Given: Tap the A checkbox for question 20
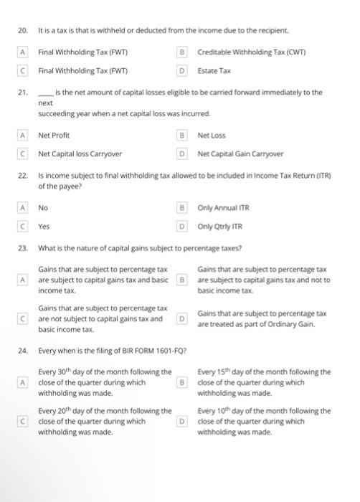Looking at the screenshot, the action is point(23,52).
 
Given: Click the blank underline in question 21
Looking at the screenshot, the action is point(45,93).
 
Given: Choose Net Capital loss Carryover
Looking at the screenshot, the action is point(80,153).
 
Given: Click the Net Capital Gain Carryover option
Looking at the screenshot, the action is point(240,153).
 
